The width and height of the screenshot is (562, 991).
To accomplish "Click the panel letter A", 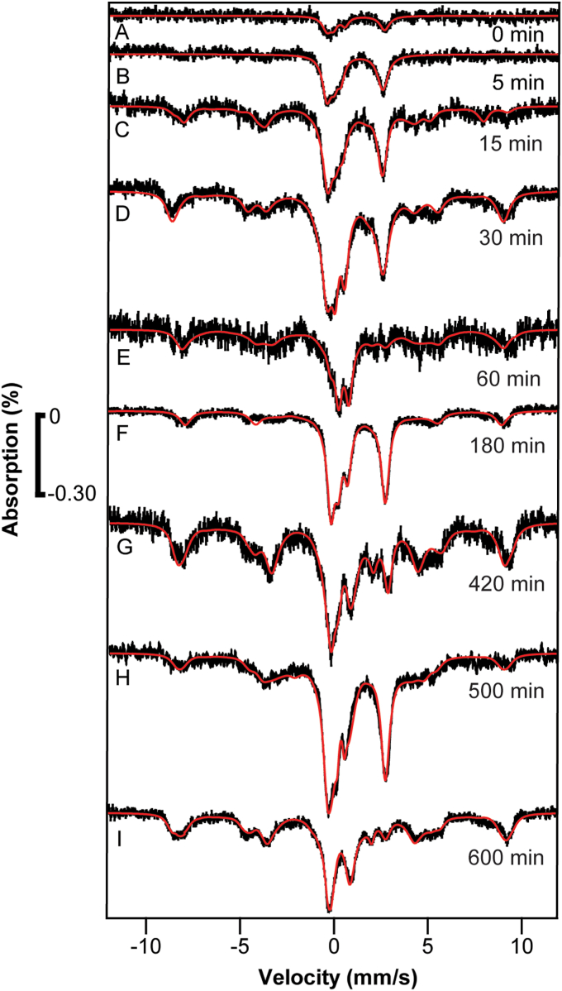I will [x=121, y=32].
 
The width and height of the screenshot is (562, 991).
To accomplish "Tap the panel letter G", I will [x=121, y=547].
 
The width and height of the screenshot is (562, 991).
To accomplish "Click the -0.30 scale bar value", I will [x=70, y=494].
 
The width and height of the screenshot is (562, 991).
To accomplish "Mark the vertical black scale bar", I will [x=40, y=456].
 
